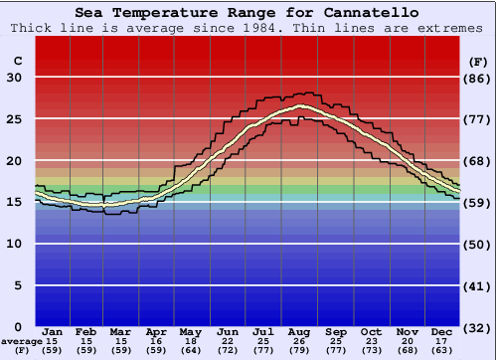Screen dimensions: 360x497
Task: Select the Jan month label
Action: tap(54, 331)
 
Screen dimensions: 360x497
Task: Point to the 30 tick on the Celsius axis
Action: tap(14, 78)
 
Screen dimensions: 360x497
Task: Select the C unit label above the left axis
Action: tap(16, 61)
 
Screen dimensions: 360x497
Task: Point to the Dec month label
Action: tap(443, 331)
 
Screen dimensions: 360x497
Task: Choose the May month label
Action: tap(190, 331)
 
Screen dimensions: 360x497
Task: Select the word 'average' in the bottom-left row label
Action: tap(22, 341)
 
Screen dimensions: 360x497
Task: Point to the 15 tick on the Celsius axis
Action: tap(14, 203)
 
